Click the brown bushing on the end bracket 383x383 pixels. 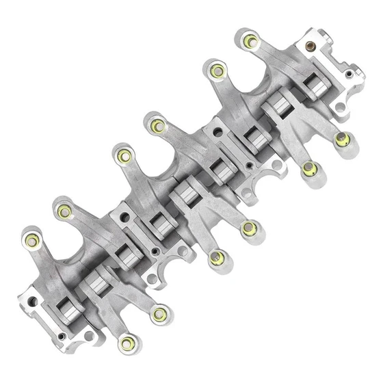tap(313, 49)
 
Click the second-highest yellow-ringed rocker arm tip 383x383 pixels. tap(217, 70)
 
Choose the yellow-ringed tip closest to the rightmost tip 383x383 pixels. tap(310, 167)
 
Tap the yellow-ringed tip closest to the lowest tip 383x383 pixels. tap(159, 314)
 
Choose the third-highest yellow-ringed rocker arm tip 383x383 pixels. tap(158, 126)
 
